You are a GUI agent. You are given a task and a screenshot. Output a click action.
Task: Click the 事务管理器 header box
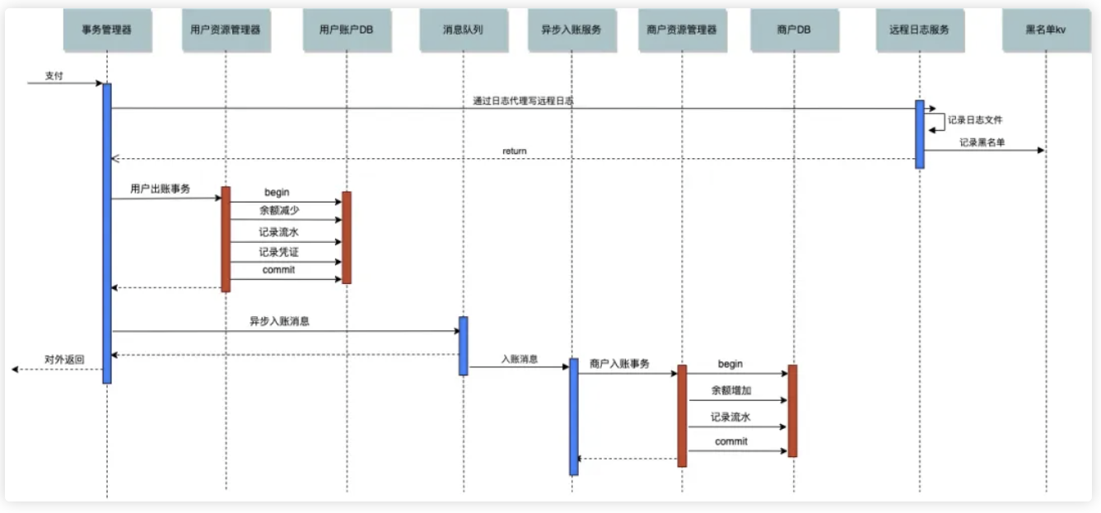click(x=106, y=30)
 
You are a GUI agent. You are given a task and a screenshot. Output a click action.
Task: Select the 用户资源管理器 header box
click(x=226, y=30)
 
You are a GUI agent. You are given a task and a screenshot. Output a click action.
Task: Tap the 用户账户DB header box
click(x=346, y=30)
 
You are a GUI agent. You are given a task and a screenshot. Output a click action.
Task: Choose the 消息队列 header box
click(x=463, y=30)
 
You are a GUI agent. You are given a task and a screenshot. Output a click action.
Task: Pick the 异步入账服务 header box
click(x=571, y=30)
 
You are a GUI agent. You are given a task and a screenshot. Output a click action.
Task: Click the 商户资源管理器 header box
click(x=682, y=30)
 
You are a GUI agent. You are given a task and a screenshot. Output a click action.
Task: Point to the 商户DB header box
click(x=793, y=30)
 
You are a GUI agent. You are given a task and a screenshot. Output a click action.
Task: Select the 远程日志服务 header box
click(x=919, y=30)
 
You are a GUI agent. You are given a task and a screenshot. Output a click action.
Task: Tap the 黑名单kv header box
click(x=1046, y=30)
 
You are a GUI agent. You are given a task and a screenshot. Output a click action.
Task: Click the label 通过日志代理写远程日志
click(x=523, y=101)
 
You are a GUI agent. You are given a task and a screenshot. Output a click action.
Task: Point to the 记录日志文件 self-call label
click(x=975, y=120)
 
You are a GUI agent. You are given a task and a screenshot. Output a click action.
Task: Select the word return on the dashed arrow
click(x=515, y=152)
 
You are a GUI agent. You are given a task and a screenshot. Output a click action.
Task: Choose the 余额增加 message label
click(x=730, y=390)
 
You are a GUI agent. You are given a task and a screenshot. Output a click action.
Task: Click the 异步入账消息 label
click(x=279, y=322)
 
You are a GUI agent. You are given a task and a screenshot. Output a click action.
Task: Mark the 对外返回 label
click(x=64, y=361)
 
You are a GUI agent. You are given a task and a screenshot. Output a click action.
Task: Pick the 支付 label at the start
click(x=54, y=76)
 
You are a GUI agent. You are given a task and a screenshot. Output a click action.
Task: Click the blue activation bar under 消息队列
click(x=464, y=346)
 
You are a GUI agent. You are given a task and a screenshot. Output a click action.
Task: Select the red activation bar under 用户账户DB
click(x=347, y=238)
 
